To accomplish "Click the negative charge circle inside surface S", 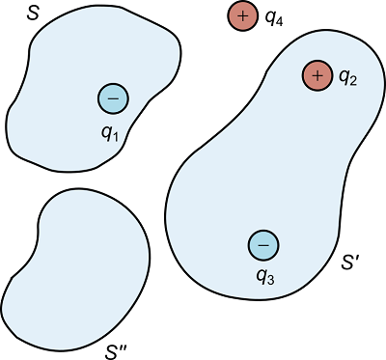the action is (113, 97).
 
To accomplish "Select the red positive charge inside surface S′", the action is (317, 75).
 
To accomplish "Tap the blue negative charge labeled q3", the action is (262, 245).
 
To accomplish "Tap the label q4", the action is (273, 19).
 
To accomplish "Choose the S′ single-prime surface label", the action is (351, 262).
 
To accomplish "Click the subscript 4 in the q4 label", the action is (279, 22).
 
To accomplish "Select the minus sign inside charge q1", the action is (113, 97).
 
